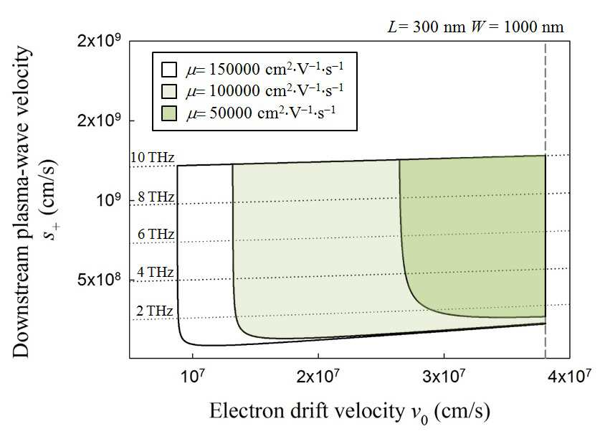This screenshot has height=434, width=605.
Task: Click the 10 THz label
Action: coord(153,157)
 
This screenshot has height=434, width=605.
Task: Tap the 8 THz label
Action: coord(156,197)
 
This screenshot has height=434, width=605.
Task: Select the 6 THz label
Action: coord(156,234)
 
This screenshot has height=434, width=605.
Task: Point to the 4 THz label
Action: coord(156,272)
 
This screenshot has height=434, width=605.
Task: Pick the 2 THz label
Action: coord(155,311)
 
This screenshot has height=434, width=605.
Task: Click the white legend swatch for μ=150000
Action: coord(169,70)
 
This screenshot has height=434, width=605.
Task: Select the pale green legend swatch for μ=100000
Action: coord(169,92)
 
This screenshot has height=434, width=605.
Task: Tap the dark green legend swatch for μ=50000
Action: coord(169,113)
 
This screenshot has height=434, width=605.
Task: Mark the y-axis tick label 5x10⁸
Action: coord(99,278)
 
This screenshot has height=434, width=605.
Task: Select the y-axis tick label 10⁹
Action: coord(109,199)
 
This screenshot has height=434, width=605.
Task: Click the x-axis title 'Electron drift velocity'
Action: coord(306,410)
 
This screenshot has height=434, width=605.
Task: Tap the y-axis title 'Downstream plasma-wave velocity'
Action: coord(21,202)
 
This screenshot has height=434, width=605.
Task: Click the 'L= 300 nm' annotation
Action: coord(427,27)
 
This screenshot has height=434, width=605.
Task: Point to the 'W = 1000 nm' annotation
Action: coord(517,27)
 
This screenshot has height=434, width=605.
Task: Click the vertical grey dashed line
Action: coord(546,199)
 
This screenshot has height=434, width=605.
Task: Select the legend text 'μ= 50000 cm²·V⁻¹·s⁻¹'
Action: coord(261,113)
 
